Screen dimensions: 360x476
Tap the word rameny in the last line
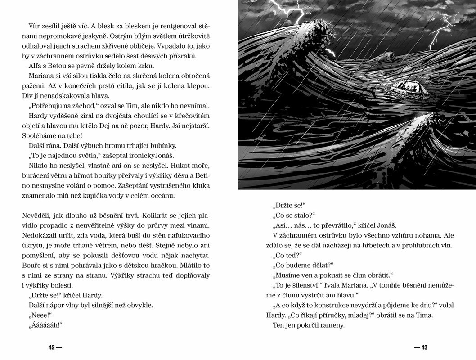[x=332, y=325]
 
